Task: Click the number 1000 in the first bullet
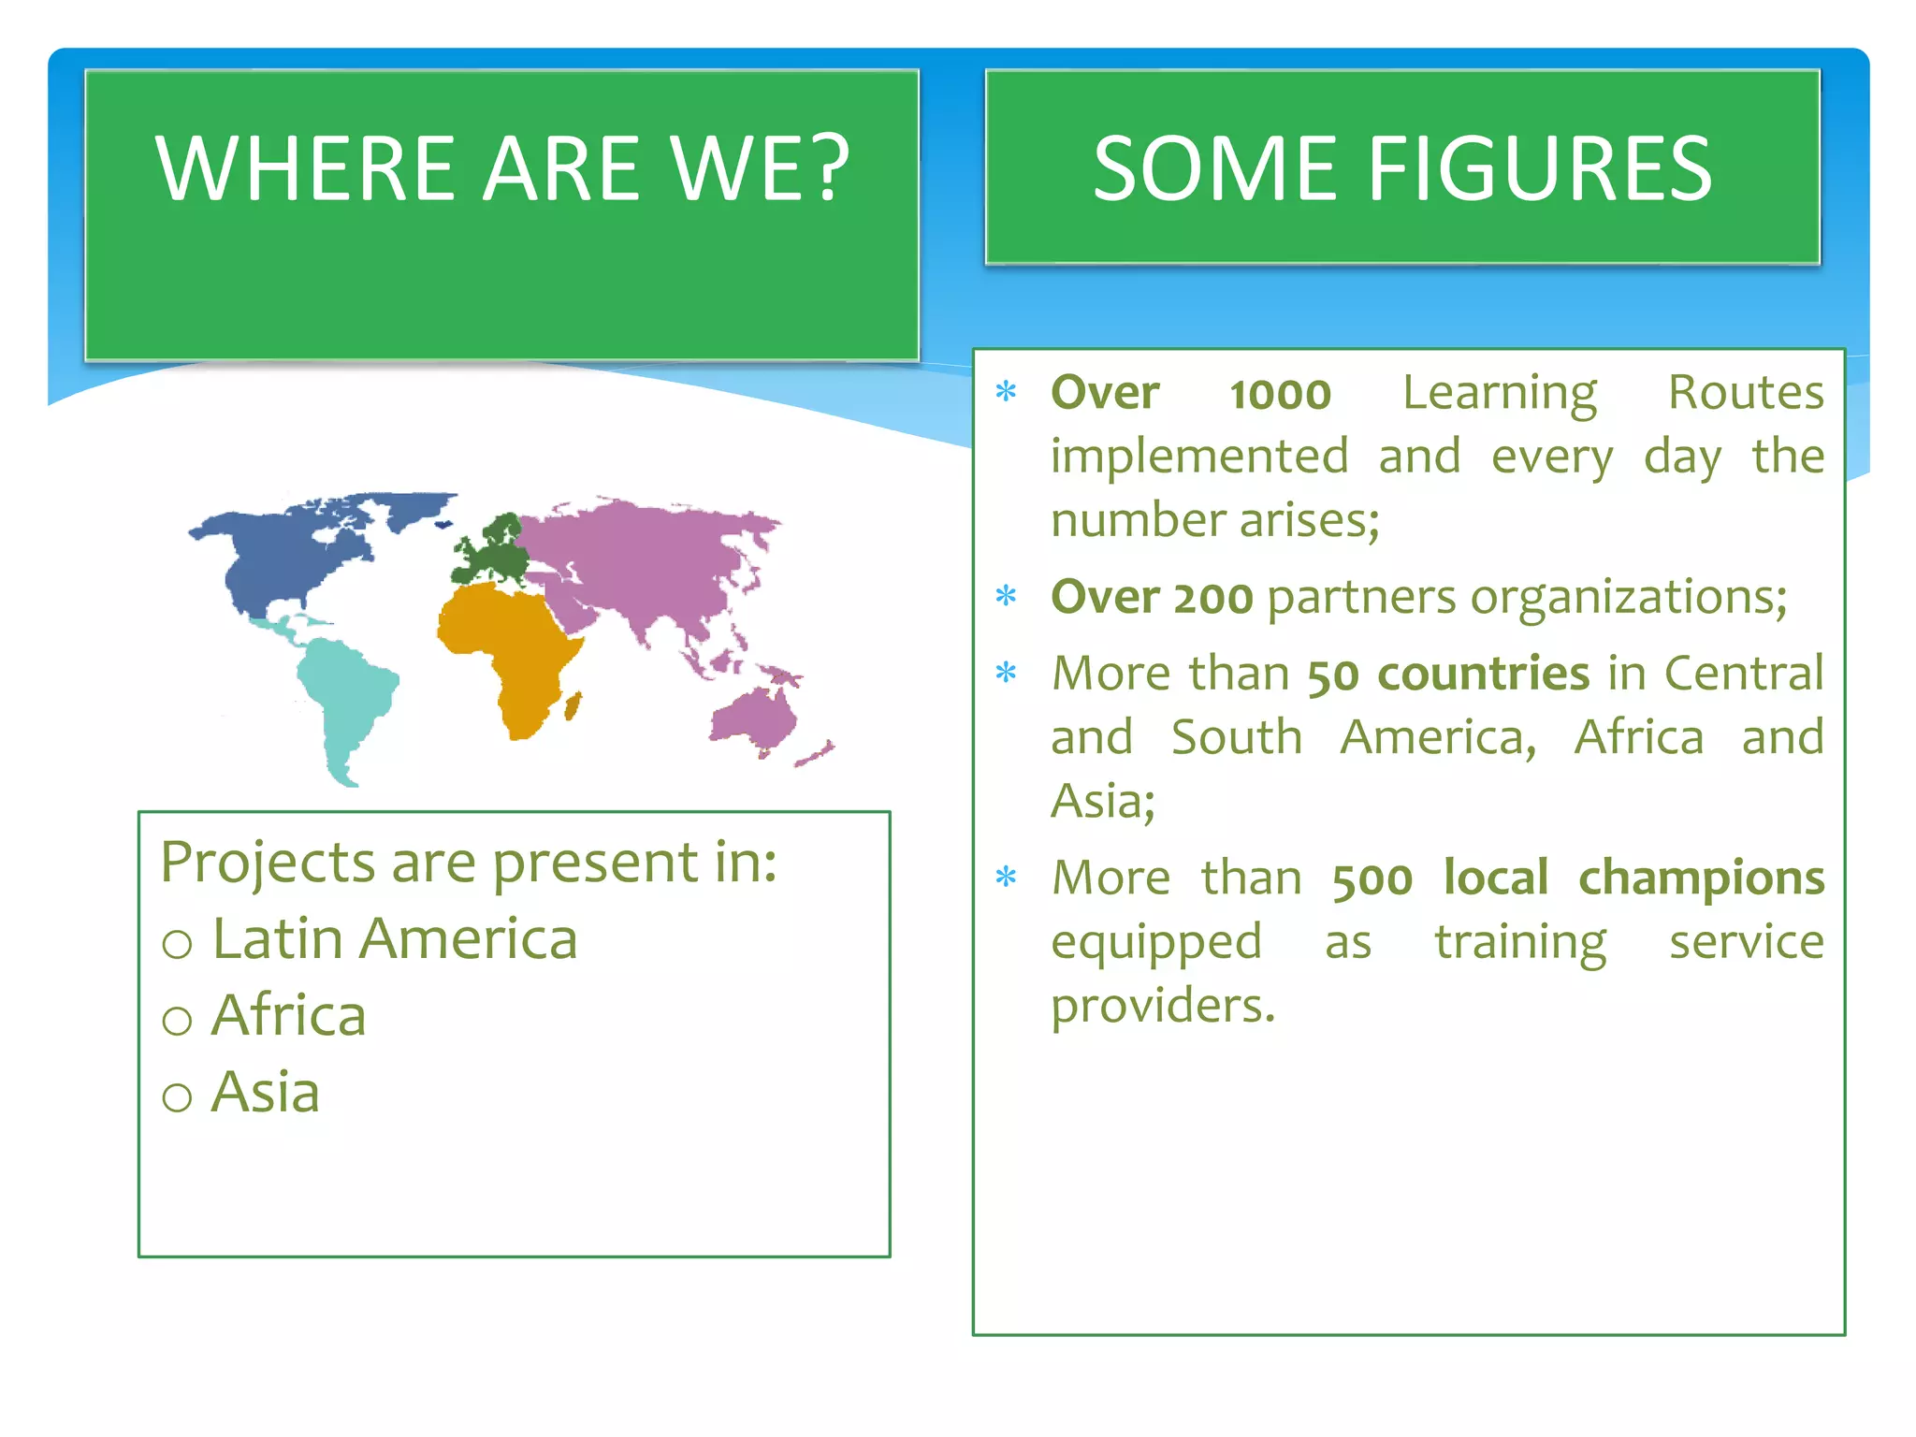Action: pos(1280,394)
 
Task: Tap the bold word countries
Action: pos(1483,674)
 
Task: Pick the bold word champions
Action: pos(1701,878)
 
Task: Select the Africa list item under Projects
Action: pos(288,1016)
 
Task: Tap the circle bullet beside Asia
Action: pos(177,1096)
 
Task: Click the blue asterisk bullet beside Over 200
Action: pos(1007,596)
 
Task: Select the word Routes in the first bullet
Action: pos(1746,392)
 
